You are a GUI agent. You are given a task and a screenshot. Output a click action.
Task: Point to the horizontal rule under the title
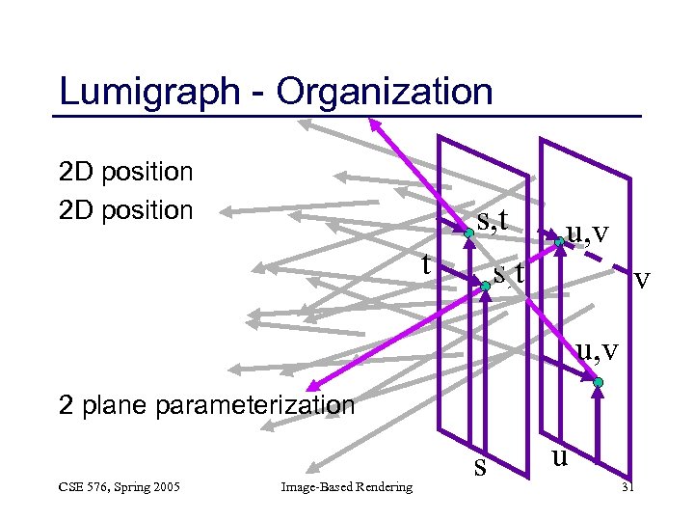click(x=347, y=116)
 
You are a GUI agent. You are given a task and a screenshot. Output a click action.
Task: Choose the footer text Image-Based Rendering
click(x=346, y=486)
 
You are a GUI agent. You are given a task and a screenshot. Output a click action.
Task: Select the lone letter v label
click(x=642, y=280)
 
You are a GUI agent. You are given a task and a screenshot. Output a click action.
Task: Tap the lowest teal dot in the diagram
click(x=598, y=384)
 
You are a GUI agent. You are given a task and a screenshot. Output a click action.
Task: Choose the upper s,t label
click(x=493, y=222)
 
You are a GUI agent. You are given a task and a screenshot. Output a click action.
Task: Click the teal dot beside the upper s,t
click(x=467, y=234)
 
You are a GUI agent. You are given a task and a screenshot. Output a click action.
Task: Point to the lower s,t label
click(x=508, y=273)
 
